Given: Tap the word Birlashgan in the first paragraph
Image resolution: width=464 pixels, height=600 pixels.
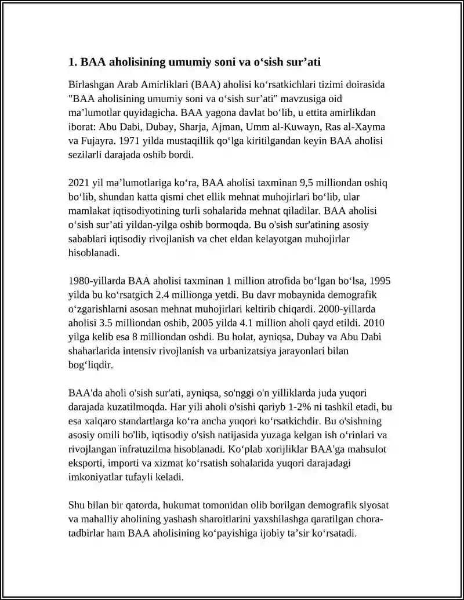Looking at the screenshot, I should tap(91, 85).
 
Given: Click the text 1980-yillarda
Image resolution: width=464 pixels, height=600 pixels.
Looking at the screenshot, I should tap(96, 282).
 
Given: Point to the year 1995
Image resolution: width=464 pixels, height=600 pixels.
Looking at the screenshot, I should tap(380, 282).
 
